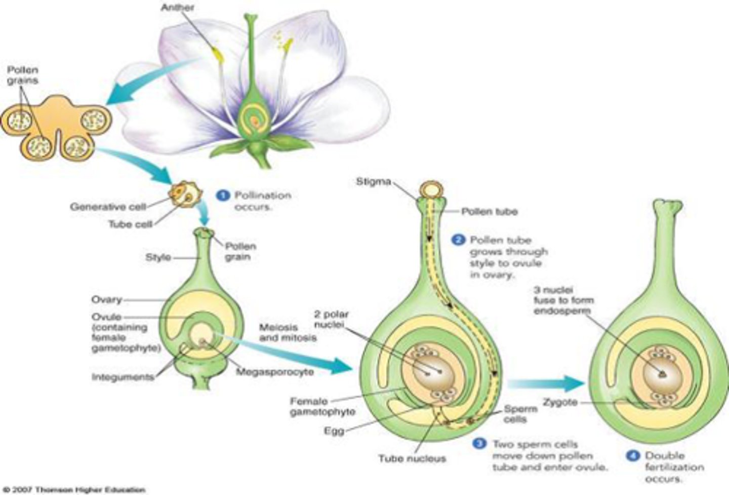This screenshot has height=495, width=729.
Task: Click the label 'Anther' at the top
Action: (x=177, y=8)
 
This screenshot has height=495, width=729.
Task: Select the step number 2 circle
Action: (x=459, y=240)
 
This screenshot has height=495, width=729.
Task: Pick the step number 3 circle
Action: (x=479, y=443)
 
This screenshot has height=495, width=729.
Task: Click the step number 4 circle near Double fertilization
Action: (x=632, y=456)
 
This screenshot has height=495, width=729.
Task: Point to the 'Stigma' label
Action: (x=373, y=182)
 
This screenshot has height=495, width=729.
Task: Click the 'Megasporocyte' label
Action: (x=275, y=372)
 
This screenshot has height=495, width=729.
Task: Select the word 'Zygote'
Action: (x=560, y=402)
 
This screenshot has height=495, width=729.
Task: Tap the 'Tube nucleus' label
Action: (x=412, y=459)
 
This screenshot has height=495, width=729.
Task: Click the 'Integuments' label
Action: (x=123, y=377)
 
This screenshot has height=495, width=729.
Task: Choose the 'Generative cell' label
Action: (x=108, y=206)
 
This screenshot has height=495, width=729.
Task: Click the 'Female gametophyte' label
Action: (x=322, y=407)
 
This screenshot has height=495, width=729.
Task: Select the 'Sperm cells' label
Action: (x=520, y=414)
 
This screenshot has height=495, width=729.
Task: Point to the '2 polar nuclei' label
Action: (x=331, y=319)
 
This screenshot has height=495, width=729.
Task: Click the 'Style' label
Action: (x=158, y=257)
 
